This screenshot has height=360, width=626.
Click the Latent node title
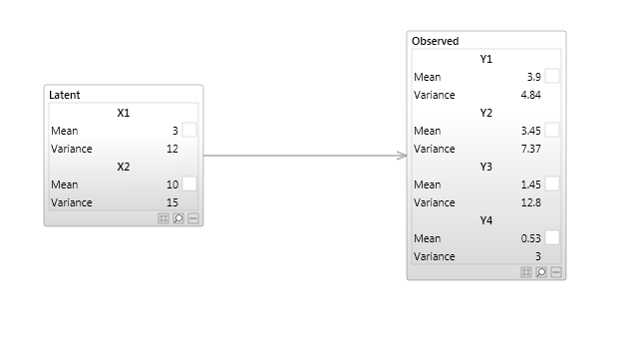(65, 95)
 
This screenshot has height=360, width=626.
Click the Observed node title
(436, 41)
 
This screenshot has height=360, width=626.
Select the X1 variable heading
(124, 113)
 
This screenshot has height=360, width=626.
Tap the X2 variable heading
(124, 167)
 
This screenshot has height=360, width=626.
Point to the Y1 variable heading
(486, 59)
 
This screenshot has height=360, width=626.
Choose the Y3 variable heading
(486, 167)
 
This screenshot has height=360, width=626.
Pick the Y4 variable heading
(486, 220)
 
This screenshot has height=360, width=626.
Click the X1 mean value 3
(174, 131)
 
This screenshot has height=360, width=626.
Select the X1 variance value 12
(171, 149)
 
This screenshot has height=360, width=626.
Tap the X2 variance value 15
(171, 202)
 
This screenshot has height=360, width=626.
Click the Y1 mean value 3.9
(533, 77)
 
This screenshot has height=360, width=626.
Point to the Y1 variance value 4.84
(530, 95)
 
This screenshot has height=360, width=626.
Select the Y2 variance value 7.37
(530, 149)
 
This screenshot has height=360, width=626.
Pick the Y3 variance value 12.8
(530, 202)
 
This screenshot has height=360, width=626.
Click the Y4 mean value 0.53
(530, 238)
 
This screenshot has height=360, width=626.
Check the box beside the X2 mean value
(189, 184)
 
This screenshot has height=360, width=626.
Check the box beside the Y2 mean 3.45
(552, 131)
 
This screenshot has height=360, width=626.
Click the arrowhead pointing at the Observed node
(403, 156)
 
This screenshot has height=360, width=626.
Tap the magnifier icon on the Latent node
(178, 218)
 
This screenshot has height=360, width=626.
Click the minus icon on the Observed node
(556, 272)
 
